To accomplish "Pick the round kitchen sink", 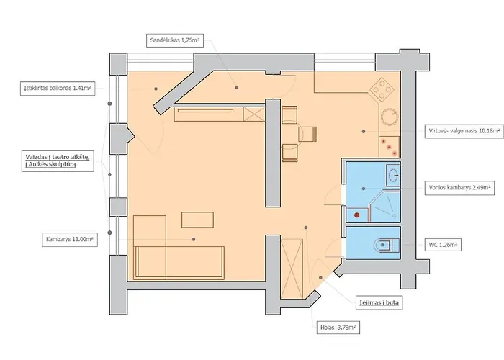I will click(390, 117).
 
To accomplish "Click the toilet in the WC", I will click(387, 245).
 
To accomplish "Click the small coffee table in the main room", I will click(195, 219).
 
